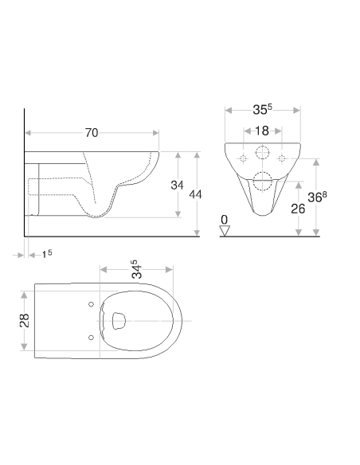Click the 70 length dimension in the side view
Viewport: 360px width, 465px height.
(x=92, y=133)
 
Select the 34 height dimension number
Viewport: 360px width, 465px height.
(x=178, y=186)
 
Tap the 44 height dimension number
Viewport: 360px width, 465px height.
(x=195, y=193)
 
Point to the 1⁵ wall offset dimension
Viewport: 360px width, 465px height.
(x=47, y=253)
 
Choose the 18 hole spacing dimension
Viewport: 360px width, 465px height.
(x=260, y=131)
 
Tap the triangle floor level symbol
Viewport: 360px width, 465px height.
(x=225, y=230)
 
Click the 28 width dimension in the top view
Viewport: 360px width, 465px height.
(x=25, y=319)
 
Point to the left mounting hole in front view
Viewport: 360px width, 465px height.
(x=242, y=159)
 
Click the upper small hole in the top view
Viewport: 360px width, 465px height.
(x=92, y=305)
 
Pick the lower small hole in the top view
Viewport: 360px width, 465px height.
(x=92, y=336)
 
